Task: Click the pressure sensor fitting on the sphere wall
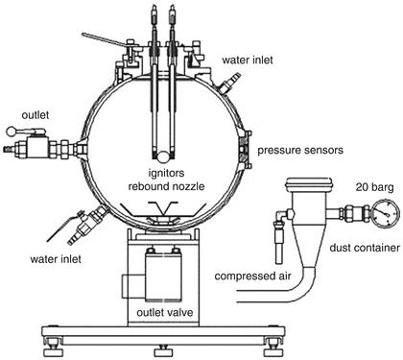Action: point(247,149)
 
